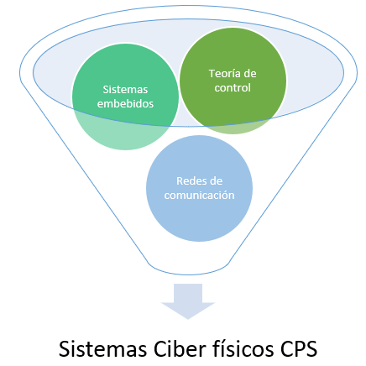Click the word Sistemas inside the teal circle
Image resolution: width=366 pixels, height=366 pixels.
click(125, 90)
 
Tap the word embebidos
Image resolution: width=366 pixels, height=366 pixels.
click(125, 104)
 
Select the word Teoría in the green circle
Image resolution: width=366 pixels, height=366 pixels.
click(222, 74)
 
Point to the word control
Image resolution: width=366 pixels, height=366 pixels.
click(233, 88)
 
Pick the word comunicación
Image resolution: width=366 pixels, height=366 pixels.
click(199, 196)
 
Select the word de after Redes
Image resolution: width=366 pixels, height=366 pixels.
click(216, 181)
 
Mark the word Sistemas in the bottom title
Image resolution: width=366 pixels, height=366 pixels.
click(102, 349)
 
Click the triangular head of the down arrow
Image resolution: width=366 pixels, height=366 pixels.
click(188, 310)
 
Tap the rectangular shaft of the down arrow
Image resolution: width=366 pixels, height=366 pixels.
click(188, 293)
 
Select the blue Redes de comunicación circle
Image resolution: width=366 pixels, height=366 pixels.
click(199, 188)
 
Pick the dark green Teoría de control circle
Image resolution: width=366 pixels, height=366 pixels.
click(233, 81)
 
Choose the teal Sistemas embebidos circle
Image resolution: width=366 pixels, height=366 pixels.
click(125, 97)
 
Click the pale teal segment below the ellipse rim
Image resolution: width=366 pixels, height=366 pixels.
click(123, 134)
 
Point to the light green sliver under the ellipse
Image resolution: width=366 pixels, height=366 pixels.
click(235, 128)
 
